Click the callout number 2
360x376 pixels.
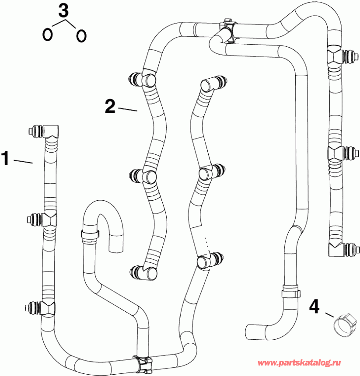coord(110,106)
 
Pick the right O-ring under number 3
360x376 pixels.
coord(80,35)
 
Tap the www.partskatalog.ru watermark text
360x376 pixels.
coord(301,363)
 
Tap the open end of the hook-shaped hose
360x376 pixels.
coord(116,247)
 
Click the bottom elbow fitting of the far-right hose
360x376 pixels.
coord(336,249)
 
